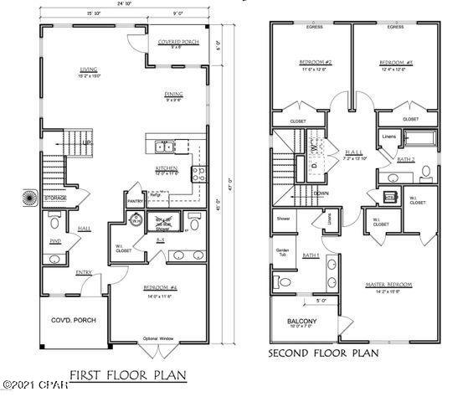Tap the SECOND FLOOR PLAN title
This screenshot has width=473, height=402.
pyautogui.click(x=323, y=353)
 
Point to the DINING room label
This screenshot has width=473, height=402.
pyautogui.click(x=173, y=95)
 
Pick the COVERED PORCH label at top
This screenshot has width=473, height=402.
pyautogui.click(x=178, y=42)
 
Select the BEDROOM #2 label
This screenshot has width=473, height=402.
pyautogui.click(x=316, y=63)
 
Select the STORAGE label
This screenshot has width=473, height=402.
pyautogui.click(x=55, y=198)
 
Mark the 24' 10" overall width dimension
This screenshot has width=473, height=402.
pyautogui.click(x=125, y=5)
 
